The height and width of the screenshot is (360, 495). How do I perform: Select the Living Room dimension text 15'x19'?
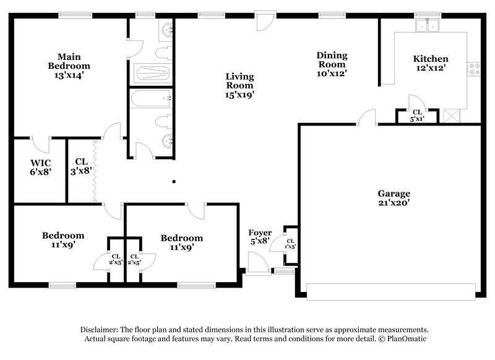tap(239, 95)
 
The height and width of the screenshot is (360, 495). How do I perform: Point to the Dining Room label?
tap(331, 59)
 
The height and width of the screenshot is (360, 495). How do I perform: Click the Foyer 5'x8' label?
tap(259, 237)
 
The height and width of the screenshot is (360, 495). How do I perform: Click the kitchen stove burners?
tap(475, 69)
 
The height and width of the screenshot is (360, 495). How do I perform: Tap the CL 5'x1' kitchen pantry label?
tap(417, 115)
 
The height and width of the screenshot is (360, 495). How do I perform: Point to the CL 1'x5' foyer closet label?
tap(290, 243)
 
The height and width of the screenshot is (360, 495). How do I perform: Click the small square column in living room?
tap(174, 182)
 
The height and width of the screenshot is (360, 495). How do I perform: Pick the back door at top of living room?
tap(264, 20)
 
